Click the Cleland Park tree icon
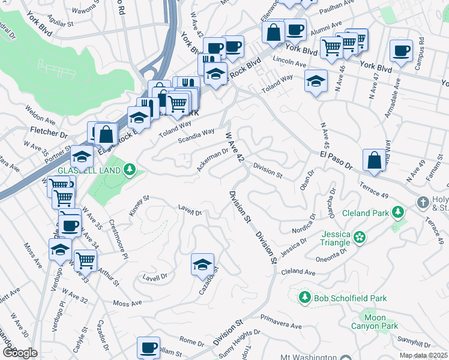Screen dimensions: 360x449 click(397, 212)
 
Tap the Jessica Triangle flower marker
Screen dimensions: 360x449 click(360, 236)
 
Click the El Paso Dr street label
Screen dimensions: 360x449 click(334, 161)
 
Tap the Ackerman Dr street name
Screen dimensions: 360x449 click(213, 160)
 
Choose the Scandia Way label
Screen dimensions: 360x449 click(196, 136)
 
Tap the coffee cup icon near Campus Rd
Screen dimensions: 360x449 click(401, 52)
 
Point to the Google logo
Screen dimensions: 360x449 click(19, 353)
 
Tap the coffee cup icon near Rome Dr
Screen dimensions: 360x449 click(148, 347)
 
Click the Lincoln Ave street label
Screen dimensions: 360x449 click(291, 62)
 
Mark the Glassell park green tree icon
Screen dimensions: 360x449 click(128, 170)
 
